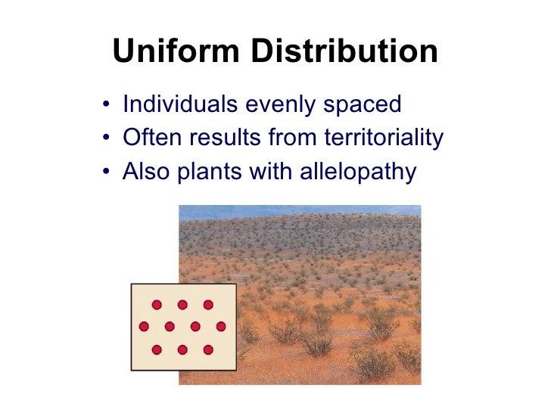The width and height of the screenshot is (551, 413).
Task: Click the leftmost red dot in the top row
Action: (x=157, y=305)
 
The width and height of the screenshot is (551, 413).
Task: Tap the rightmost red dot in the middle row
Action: (x=221, y=327)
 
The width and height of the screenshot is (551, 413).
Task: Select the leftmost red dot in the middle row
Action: (x=144, y=327)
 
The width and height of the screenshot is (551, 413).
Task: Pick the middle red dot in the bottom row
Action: (x=182, y=349)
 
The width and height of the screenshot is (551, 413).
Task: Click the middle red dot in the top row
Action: (x=182, y=305)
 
